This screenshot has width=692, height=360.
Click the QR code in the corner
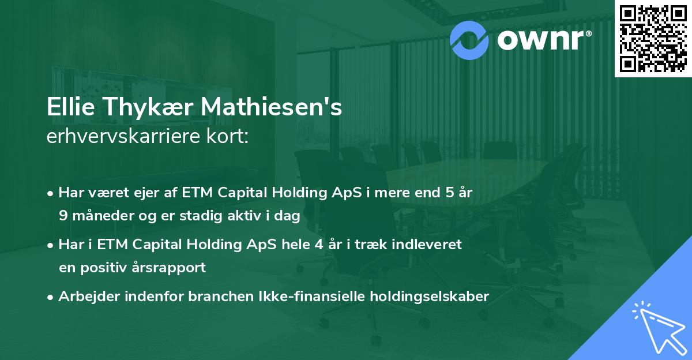[653, 39]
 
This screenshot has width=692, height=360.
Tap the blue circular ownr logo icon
[469, 40]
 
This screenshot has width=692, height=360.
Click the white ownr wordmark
[544, 40]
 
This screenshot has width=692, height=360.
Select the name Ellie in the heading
[71, 107]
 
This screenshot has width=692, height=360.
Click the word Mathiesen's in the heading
[272, 107]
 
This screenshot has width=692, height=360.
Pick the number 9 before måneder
[63, 215]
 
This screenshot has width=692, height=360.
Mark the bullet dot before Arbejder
[50, 298]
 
